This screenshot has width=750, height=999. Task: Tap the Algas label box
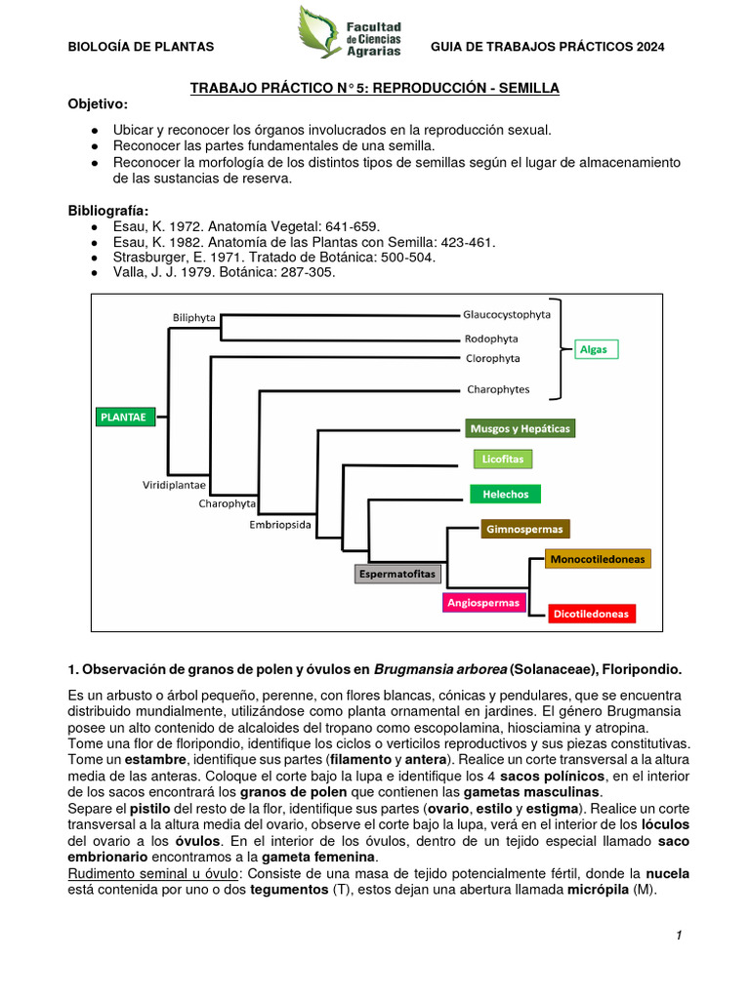[593, 349]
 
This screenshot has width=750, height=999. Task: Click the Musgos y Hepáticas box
[520, 428]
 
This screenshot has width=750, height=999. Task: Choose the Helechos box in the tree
[505, 494]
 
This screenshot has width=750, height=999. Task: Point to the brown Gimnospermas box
[523, 529]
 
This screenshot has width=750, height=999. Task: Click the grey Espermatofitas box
[397, 574]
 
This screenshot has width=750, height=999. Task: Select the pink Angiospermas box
[483, 602]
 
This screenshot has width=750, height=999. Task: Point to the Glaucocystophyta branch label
[506, 314]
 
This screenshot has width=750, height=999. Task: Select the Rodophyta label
[490, 339]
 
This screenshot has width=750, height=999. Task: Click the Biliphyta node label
[194, 317]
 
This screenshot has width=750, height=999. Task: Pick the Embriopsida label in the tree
[280, 524]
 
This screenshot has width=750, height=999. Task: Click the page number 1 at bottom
[678, 936]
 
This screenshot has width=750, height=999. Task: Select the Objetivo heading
[98, 104]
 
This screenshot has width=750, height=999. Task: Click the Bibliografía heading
[108, 210]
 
